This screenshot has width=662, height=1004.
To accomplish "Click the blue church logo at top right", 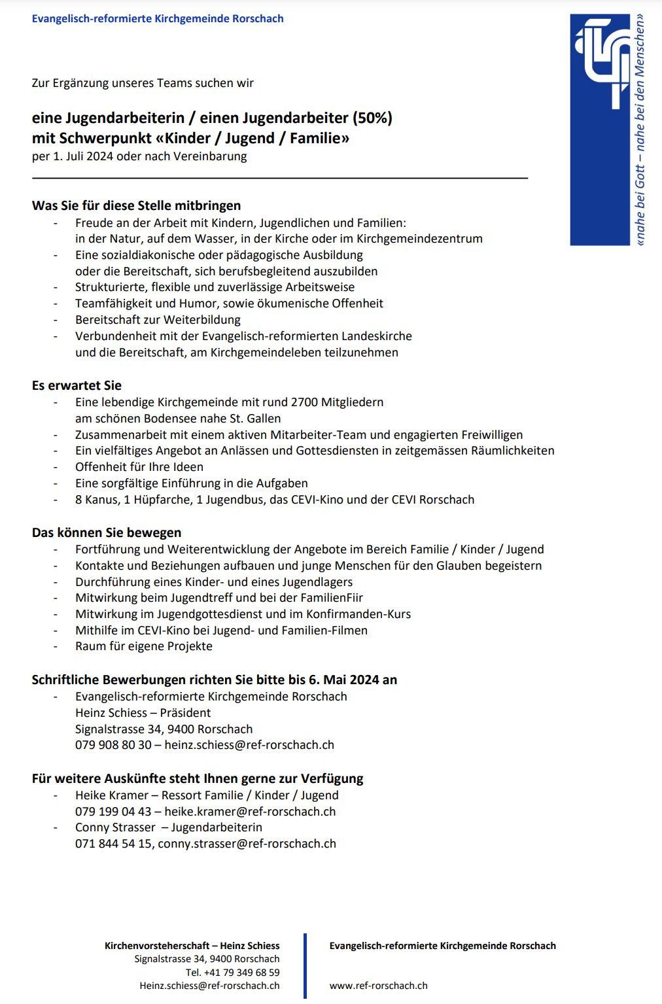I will [601, 130].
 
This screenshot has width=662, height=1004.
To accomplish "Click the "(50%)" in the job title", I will [372, 118].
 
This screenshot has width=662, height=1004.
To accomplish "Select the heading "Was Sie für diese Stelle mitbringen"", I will [136, 205].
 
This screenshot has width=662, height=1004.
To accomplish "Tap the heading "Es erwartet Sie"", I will [77, 385].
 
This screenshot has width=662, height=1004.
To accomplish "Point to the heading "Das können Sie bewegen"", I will [107, 532].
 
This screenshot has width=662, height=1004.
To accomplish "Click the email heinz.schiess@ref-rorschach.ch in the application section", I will [249, 745].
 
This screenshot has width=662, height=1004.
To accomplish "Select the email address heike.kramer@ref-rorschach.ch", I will [250, 812].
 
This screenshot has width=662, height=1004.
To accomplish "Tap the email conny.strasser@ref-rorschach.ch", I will [247, 844].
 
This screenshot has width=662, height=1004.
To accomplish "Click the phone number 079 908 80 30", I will [113, 745].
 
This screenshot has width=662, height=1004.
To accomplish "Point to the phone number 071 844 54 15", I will [114, 844].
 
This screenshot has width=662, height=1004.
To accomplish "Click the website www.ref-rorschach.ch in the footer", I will [378, 986].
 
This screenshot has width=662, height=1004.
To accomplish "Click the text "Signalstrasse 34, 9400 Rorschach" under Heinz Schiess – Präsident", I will [164, 729].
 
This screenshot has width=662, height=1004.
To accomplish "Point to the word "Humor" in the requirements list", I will [200, 303].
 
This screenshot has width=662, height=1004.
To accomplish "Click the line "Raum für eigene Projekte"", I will [143, 646].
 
